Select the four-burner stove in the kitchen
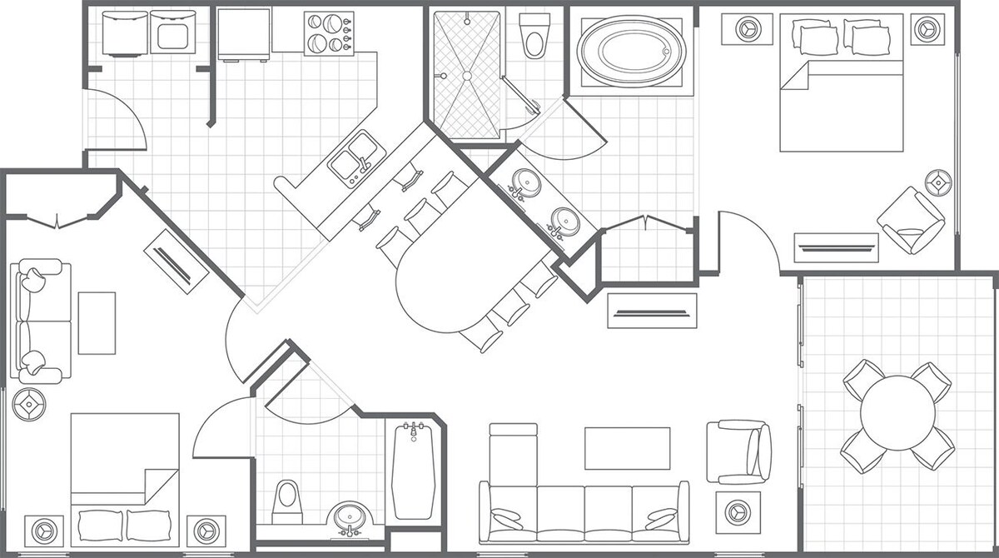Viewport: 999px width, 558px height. (328, 33)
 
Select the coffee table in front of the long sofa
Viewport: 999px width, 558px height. (627, 448)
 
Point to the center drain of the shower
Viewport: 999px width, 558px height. (466, 75)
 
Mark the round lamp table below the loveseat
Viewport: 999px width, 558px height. (29, 405)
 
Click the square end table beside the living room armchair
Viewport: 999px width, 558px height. (738, 509)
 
